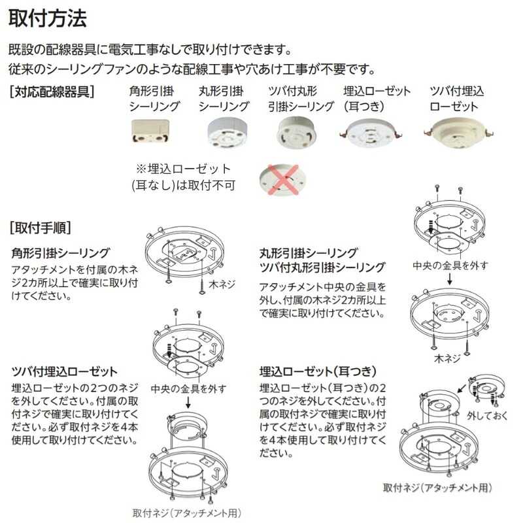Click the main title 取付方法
pyautogui.click(x=47, y=18)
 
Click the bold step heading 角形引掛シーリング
pyautogui.click(x=61, y=252)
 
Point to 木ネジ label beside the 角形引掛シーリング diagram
pyautogui.click(x=222, y=284)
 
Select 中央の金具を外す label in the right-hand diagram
pyautogui.click(x=450, y=265)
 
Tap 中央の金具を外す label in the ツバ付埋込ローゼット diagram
pyautogui.click(x=188, y=389)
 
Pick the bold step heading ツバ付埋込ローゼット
pyautogui.click(x=65, y=371)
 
